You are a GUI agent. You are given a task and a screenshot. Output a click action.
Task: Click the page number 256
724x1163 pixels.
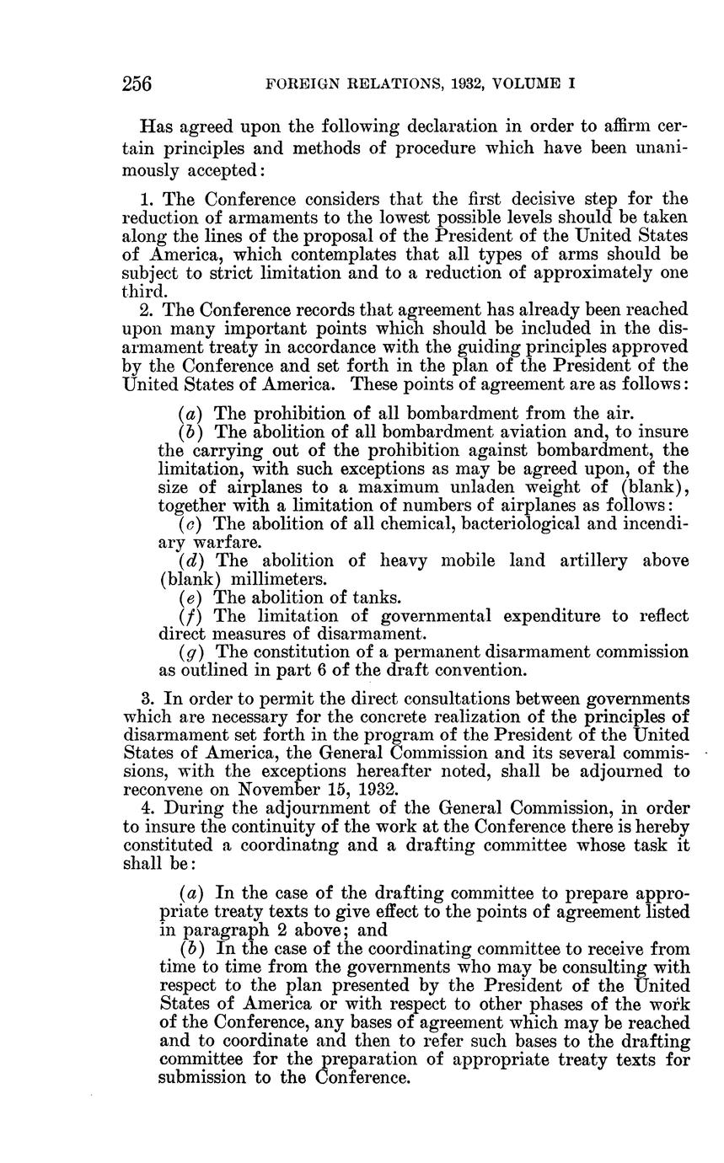point(137,83)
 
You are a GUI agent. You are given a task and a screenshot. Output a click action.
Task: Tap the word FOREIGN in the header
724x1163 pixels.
point(293,84)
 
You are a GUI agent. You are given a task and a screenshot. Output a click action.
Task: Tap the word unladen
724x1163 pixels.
point(496,487)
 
